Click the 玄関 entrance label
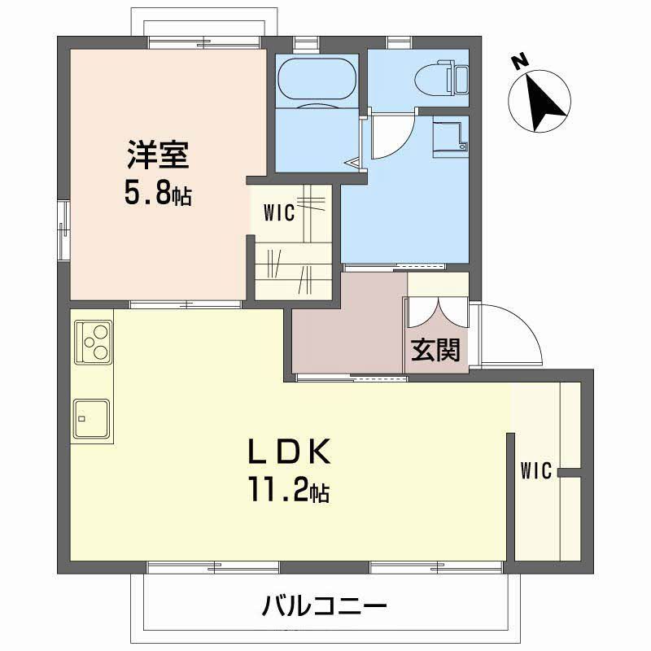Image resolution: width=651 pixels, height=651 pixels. tap(435, 350)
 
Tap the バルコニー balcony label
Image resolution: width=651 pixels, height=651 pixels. tap(324, 606)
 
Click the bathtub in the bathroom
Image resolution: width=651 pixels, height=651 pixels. tap(317, 79)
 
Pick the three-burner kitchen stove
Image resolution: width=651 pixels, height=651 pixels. tap(94, 341)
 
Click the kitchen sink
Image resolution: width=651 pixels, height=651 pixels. tap(92, 417)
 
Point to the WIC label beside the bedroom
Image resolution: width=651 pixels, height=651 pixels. tap(278, 215)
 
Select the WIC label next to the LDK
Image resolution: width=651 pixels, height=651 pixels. tap(536, 471)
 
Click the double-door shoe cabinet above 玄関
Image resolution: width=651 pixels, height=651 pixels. tap(437, 313)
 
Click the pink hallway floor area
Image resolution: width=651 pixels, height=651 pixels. tap(346, 334)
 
